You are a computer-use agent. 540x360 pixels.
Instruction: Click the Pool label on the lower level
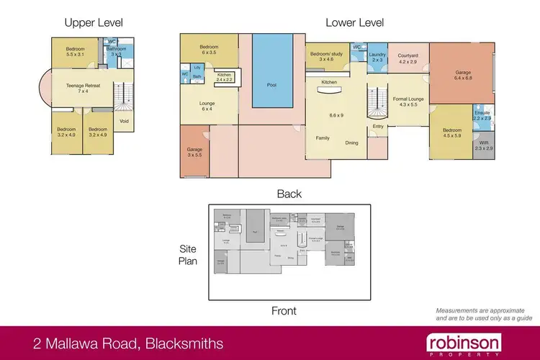click(271, 84)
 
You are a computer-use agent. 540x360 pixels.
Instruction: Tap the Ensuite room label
click(482, 114)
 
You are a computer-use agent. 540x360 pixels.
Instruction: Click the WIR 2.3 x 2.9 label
click(482, 148)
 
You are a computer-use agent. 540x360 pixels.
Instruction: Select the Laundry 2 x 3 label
click(377, 58)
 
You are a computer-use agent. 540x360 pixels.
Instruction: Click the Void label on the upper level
click(124, 121)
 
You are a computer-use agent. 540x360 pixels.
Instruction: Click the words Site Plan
click(188, 255)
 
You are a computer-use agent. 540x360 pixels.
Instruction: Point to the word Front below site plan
click(284, 311)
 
